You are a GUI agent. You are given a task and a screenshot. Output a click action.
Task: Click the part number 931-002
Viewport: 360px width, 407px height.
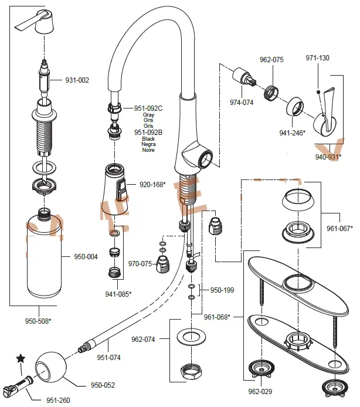(x=77, y=80)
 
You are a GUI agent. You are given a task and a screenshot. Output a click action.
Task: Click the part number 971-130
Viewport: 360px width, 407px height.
(x=317, y=58)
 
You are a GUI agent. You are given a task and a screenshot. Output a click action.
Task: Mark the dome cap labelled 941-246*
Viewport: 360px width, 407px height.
(x=295, y=108)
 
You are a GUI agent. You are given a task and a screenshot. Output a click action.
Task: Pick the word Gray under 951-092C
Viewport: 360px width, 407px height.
(x=148, y=116)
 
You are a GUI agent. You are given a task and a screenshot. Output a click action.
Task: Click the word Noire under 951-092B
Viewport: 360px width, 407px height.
(x=148, y=151)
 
